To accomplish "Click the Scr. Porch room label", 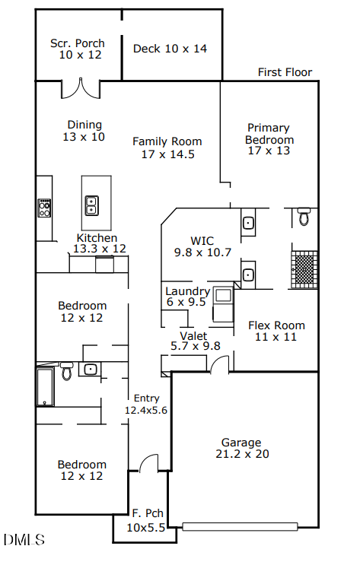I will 78,49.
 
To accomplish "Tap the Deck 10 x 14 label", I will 170,49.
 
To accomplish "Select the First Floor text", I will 285,73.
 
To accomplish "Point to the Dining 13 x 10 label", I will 84,131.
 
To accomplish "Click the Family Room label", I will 167,148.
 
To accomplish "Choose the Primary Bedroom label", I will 269,139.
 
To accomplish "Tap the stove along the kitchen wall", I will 44,208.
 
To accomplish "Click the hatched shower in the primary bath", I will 304,269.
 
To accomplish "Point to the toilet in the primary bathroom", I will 304,217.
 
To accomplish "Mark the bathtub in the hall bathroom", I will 44,386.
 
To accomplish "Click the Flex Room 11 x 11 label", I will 276,331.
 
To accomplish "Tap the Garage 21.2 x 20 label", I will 241,448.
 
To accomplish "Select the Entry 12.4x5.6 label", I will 145,404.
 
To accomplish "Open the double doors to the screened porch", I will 81,89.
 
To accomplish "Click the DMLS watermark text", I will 24,540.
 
